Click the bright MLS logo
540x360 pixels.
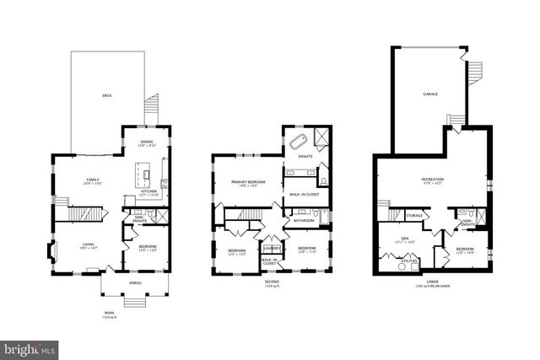(30, 347)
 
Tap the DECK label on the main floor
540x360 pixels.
(107, 95)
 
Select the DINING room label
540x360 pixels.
(148, 142)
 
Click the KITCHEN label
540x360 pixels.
(148, 191)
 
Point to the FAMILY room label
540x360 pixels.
(93, 180)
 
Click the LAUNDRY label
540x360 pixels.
(272, 248)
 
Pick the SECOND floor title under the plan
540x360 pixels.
(272, 282)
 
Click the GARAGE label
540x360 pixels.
(429, 94)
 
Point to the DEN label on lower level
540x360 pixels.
(407, 239)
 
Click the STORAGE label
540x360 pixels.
(413, 215)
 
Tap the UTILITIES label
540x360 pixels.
(410, 261)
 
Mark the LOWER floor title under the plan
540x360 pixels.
(432, 282)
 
